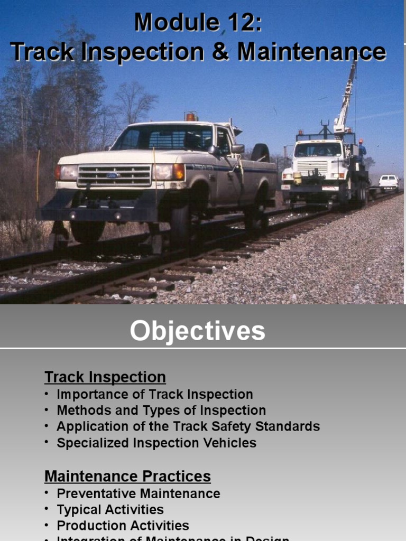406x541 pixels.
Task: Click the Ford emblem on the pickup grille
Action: pos(113,175)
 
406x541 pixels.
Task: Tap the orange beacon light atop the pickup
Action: pos(190,116)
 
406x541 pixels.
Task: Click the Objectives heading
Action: pos(198,331)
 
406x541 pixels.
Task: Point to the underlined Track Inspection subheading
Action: pos(105,377)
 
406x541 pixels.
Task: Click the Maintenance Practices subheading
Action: pos(127,476)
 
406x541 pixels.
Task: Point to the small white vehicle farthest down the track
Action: pos(389,181)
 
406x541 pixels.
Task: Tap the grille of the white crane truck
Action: pos(311,167)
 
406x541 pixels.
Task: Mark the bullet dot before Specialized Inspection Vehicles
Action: pos(47,443)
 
